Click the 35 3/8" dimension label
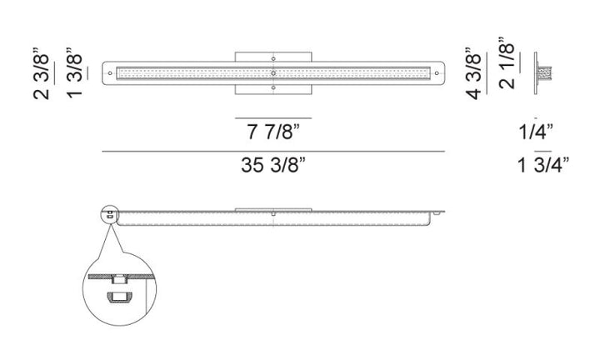coord(273,165)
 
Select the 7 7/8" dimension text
coord(273,132)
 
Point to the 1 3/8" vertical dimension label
coord(75,73)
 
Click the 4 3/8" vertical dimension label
coord(473,73)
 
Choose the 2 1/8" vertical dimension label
coord(507,63)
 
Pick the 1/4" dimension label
coord(536,132)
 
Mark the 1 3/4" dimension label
coord(543,165)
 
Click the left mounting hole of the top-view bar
coord(110,73)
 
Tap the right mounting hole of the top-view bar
coord(437,73)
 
